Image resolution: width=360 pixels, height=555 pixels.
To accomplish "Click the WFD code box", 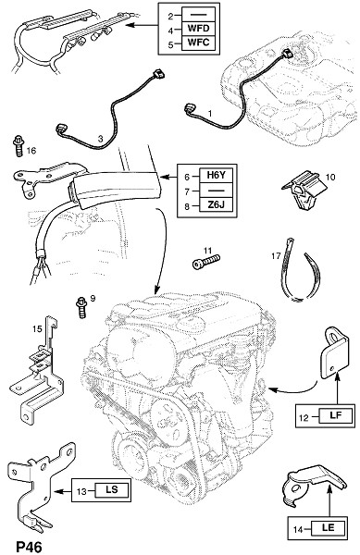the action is [198, 28].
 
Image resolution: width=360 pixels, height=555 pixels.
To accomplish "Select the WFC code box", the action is [198, 43].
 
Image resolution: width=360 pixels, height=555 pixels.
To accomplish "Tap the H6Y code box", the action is [216, 175].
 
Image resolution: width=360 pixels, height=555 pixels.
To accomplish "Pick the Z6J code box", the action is [216, 205].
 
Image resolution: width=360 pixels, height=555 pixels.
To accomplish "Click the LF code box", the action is [336, 415].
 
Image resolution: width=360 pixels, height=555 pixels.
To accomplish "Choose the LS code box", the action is [111, 490].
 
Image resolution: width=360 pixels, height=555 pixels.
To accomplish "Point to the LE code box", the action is [329, 528].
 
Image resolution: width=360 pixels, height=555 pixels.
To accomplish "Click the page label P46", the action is [29, 547].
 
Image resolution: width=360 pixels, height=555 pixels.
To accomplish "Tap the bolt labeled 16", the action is [19, 145].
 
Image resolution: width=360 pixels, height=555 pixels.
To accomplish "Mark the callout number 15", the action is [37, 328].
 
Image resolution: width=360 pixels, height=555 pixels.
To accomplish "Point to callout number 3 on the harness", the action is [100, 139].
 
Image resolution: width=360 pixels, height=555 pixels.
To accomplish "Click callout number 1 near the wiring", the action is [210, 114].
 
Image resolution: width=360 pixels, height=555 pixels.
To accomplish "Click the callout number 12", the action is [304, 418].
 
